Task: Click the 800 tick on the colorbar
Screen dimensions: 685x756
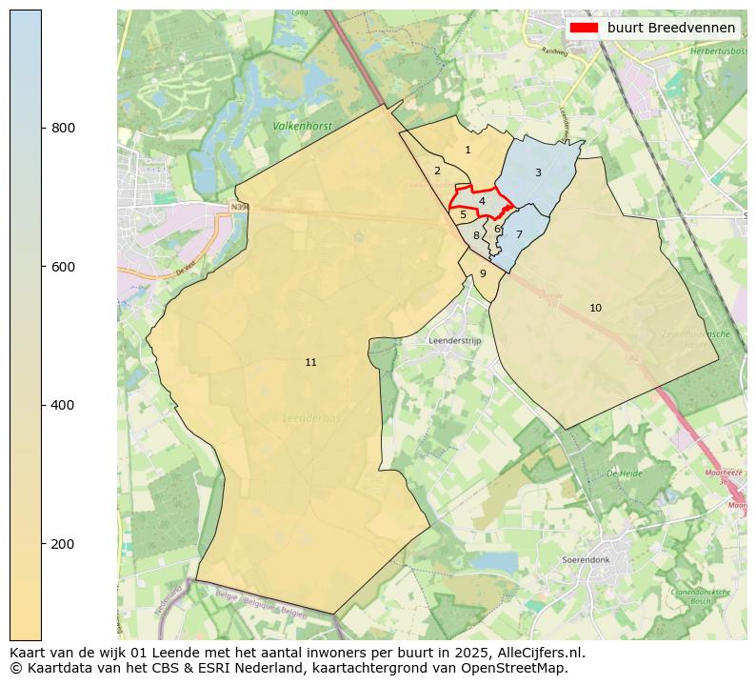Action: [x=42, y=128]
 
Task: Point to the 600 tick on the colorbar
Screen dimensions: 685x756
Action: [x=42, y=267]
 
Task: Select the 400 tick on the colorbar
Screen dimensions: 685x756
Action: [x=42, y=405]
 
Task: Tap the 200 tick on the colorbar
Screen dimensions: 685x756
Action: [x=42, y=544]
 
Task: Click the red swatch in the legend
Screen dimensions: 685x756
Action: [x=583, y=28]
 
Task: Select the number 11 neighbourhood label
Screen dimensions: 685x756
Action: [x=310, y=362]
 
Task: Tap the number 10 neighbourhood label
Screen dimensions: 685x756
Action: [x=595, y=308]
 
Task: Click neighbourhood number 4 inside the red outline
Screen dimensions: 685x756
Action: [x=482, y=201]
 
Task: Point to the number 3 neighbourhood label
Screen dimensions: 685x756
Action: [x=538, y=172]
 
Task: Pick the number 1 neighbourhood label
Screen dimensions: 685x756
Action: [x=468, y=150]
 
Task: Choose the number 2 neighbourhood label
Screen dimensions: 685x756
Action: [x=437, y=171]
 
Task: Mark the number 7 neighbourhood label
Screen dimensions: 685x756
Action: [x=519, y=234]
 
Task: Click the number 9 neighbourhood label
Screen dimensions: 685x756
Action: [x=483, y=273]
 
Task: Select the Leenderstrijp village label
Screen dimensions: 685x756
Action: [x=456, y=340]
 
